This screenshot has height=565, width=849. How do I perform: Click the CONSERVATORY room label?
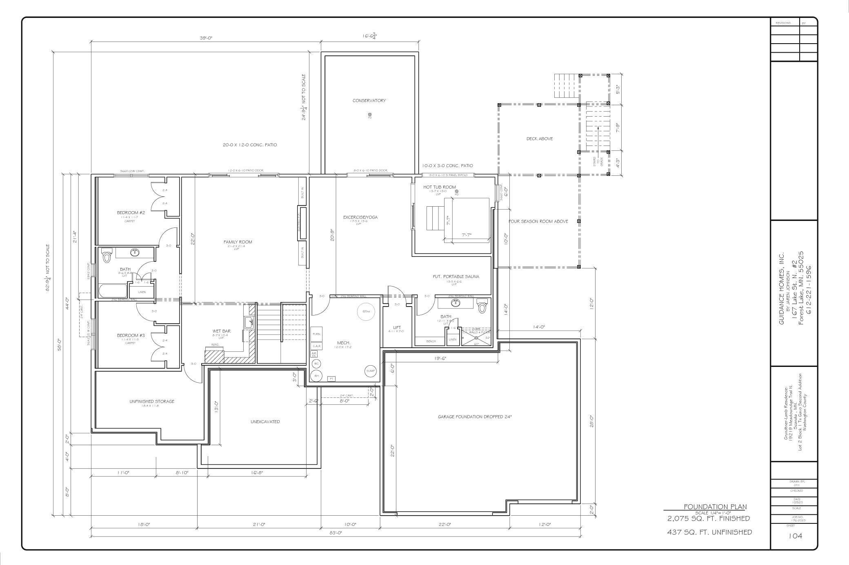pyautogui.click(x=369, y=101)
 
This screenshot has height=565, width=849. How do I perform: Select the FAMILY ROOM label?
pyautogui.click(x=238, y=242)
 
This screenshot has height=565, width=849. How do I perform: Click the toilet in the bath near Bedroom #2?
pyautogui.click(x=107, y=256)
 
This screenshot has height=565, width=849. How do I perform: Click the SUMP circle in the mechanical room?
pyautogui.click(x=370, y=371)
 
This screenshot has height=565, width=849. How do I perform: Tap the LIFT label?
pyautogui.click(x=397, y=327)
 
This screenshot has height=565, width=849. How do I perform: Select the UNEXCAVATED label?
pyautogui.click(x=265, y=422)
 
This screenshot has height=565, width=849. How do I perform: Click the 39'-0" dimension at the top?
pyautogui.click(x=206, y=38)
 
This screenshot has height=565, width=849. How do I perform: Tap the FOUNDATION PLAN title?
pyautogui.click(x=715, y=507)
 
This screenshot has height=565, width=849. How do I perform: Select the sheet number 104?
pyautogui.click(x=795, y=536)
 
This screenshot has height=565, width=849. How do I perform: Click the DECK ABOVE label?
pyautogui.click(x=539, y=139)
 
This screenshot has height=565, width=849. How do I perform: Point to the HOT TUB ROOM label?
pyautogui.click(x=439, y=187)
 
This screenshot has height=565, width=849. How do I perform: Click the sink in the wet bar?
pyautogui.click(x=249, y=323)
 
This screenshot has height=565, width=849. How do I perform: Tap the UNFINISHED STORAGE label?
pyautogui.click(x=152, y=402)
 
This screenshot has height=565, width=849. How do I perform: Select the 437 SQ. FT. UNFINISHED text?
pyautogui.click(x=709, y=532)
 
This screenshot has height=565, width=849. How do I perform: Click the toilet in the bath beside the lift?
pyautogui.click(x=482, y=306)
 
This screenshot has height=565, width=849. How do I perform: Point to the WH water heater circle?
pyautogui.click(x=316, y=375)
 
